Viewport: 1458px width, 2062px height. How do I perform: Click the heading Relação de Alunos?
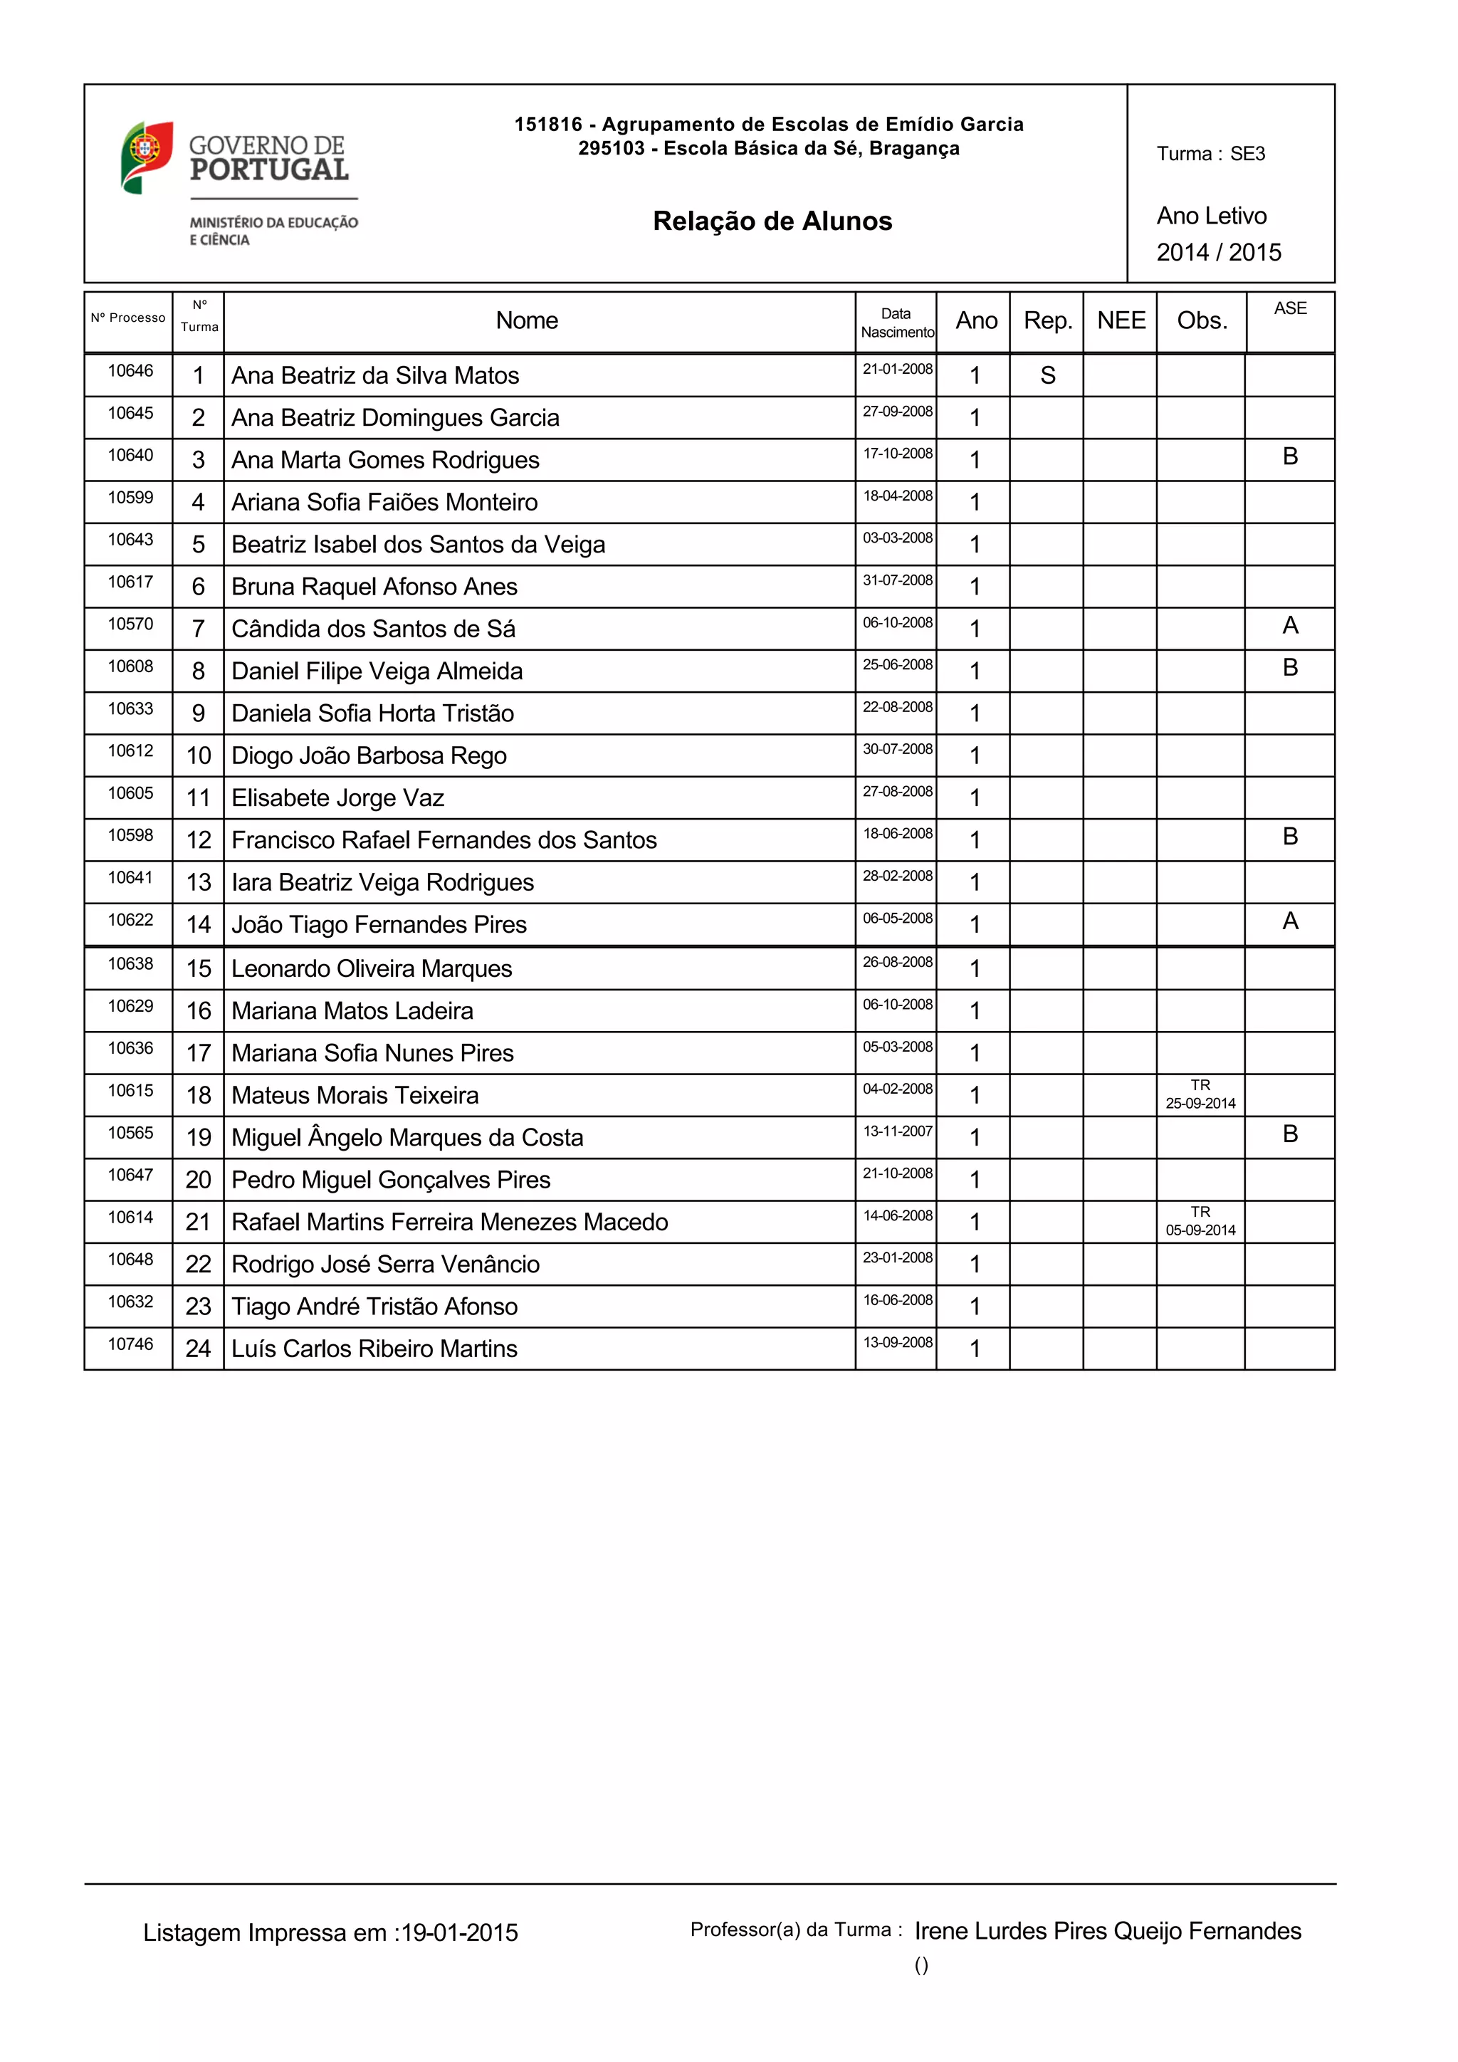pos(772,221)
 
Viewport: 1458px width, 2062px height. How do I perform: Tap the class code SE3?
pos(1247,154)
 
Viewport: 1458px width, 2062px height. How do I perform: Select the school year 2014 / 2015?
pos(1218,252)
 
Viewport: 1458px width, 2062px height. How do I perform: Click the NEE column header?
pos(1121,320)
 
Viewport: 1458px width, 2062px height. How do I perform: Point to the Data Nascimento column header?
pos(896,323)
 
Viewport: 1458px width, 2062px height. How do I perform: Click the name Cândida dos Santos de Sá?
pos(374,629)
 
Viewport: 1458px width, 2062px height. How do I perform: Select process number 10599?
pos(131,498)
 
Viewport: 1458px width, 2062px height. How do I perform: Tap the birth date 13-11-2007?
pos(898,1131)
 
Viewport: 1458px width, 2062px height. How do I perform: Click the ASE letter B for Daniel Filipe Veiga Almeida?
pos(1290,667)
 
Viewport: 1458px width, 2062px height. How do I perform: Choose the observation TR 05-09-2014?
pos(1200,1221)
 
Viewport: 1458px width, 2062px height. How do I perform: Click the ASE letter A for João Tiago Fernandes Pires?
pos(1290,921)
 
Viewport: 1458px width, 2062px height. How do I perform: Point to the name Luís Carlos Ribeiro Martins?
pos(374,1349)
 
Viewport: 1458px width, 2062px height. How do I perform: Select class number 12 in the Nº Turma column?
pos(199,839)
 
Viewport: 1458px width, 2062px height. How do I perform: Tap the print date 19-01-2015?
pos(458,1932)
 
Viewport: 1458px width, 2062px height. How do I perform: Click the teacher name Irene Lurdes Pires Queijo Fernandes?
pos(1108,1931)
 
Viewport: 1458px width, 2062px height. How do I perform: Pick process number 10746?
pos(131,1344)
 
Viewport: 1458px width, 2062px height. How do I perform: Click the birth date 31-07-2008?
pos(898,580)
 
